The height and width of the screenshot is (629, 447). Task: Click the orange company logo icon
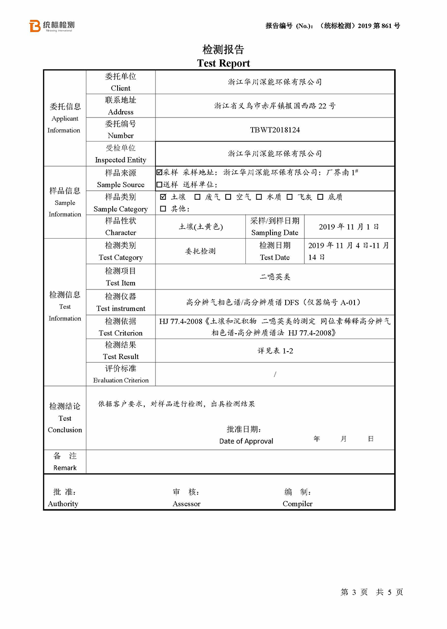pos(35,26)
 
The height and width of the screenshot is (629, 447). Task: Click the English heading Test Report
pos(223,63)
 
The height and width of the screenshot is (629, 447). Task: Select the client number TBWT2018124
pos(275,130)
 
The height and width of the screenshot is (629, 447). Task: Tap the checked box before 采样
pos(160,172)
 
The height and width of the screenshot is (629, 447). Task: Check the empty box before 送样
pos(160,185)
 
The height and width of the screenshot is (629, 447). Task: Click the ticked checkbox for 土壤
pos(163,197)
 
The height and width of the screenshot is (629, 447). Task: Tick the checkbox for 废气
pos(198,197)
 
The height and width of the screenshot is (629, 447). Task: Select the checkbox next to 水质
pos(259,197)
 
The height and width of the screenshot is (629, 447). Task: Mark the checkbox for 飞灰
pos(290,197)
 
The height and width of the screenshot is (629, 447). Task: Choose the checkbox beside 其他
pos(163,209)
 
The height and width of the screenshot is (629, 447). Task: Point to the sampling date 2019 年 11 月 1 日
pos(349,227)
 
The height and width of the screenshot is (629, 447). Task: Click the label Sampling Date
pos(274,233)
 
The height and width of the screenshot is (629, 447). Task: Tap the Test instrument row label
pos(121,308)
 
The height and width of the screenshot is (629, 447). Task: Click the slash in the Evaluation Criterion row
pos(275,374)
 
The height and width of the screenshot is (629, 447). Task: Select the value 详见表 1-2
pos(275,351)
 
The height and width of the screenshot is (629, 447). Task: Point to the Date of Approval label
pos(246,441)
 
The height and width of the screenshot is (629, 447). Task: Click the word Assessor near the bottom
pos(186,504)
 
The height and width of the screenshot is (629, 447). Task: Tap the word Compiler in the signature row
pos(297,504)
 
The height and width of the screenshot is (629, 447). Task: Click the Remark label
pos(65,468)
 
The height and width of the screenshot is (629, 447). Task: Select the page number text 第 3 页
pos(354,592)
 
